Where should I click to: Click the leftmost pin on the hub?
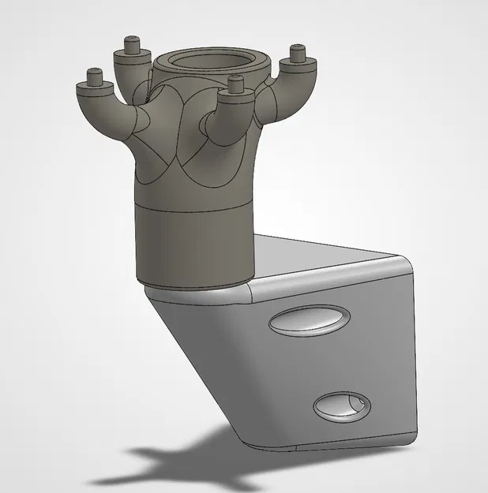click(95, 77)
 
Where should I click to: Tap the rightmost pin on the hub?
click(298, 53)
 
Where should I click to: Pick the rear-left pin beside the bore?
click(131, 46)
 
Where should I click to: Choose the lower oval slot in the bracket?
click(341, 405)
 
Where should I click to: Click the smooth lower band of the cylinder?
click(193, 245)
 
